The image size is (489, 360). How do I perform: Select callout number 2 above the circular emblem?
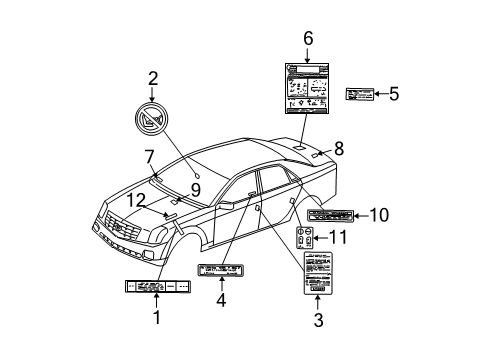(154, 79)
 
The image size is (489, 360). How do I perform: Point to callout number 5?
(394, 94)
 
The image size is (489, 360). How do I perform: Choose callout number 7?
(148, 156)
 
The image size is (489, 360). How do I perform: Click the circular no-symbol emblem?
(153, 122)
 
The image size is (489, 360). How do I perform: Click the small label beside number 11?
(306, 238)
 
